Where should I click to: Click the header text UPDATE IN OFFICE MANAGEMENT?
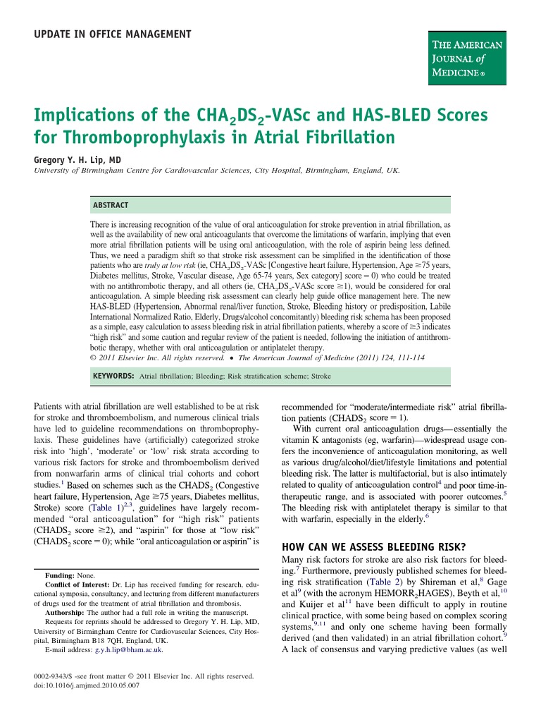(x=112, y=34)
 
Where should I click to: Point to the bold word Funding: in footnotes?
(x=61, y=576)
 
